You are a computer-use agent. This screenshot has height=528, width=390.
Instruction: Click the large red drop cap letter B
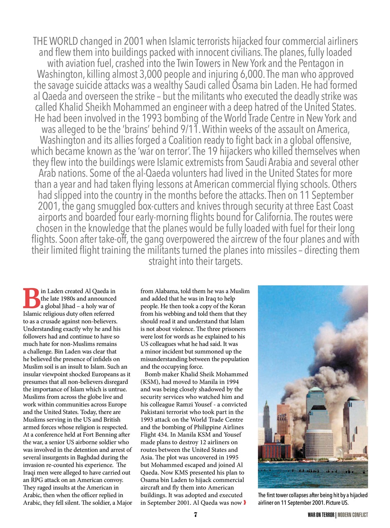[31, 298]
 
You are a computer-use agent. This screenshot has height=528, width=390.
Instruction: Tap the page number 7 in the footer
[196, 514]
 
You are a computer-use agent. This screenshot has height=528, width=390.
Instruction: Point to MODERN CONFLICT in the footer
[353, 515]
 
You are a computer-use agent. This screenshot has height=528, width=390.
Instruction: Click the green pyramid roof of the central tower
[315, 389]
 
